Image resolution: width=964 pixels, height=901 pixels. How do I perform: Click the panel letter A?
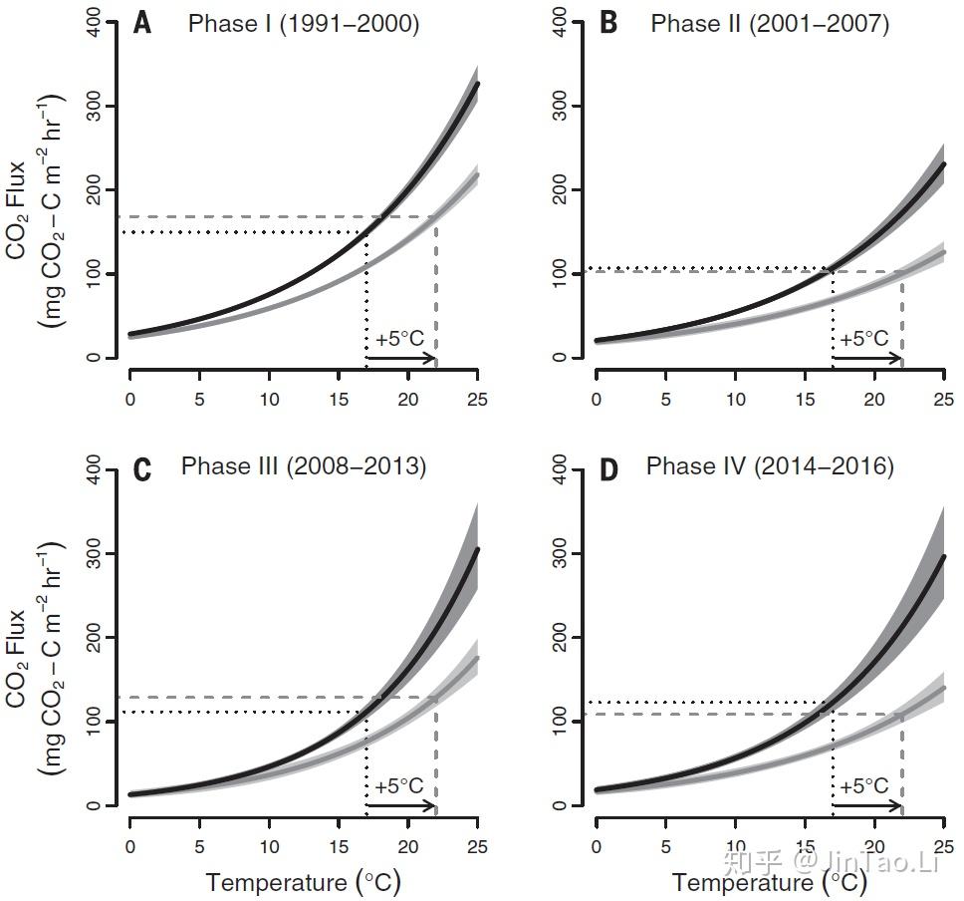[x=142, y=23]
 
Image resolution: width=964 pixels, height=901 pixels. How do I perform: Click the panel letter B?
[x=607, y=23]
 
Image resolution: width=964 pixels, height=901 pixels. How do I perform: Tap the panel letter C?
[x=142, y=469]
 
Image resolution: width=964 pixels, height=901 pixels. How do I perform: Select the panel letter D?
[x=607, y=469]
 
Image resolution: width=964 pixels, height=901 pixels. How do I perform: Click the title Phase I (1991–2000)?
[x=303, y=23]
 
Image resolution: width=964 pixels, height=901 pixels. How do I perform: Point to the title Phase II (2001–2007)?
[x=769, y=23]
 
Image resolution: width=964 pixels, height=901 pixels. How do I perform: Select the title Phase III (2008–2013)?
[x=303, y=466]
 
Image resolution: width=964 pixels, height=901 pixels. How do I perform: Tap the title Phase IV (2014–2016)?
[x=769, y=466]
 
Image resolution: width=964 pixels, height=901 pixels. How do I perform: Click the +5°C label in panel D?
[x=863, y=786]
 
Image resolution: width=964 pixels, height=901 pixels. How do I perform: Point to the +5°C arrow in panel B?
[x=866, y=358]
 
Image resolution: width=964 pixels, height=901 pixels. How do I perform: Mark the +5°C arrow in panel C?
[x=400, y=805]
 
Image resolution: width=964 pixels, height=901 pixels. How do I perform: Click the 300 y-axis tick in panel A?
[x=107, y=106]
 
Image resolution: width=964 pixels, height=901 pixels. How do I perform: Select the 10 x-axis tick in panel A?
[x=269, y=399]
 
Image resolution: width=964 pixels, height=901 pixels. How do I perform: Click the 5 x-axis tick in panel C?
[x=199, y=846]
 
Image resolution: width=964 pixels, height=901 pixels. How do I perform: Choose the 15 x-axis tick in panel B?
[x=805, y=399]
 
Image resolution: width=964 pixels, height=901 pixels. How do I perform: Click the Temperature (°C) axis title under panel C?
[x=303, y=882]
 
